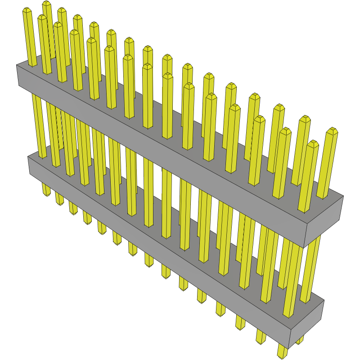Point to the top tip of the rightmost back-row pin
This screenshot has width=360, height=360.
point(332,130)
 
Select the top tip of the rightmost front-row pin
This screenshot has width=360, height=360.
point(313,143)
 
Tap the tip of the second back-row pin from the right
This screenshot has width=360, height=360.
point(305,118)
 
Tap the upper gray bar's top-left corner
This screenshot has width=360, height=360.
point(17,65)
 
